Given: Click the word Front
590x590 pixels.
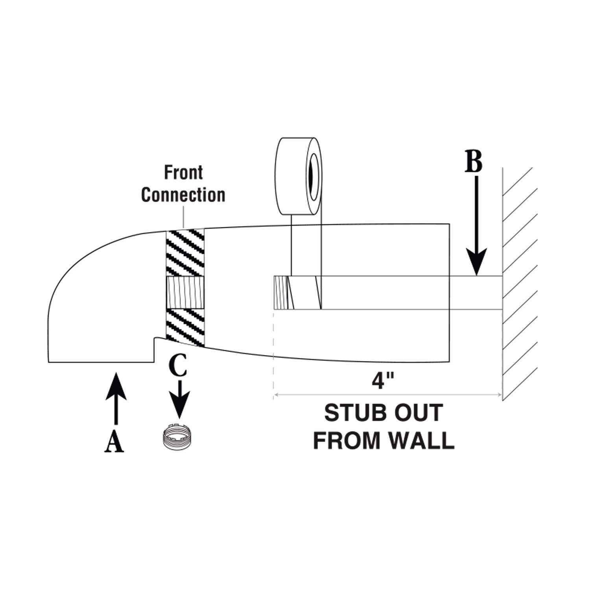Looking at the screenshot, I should (183, 173).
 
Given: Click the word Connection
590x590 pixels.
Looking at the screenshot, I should (183, 195).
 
